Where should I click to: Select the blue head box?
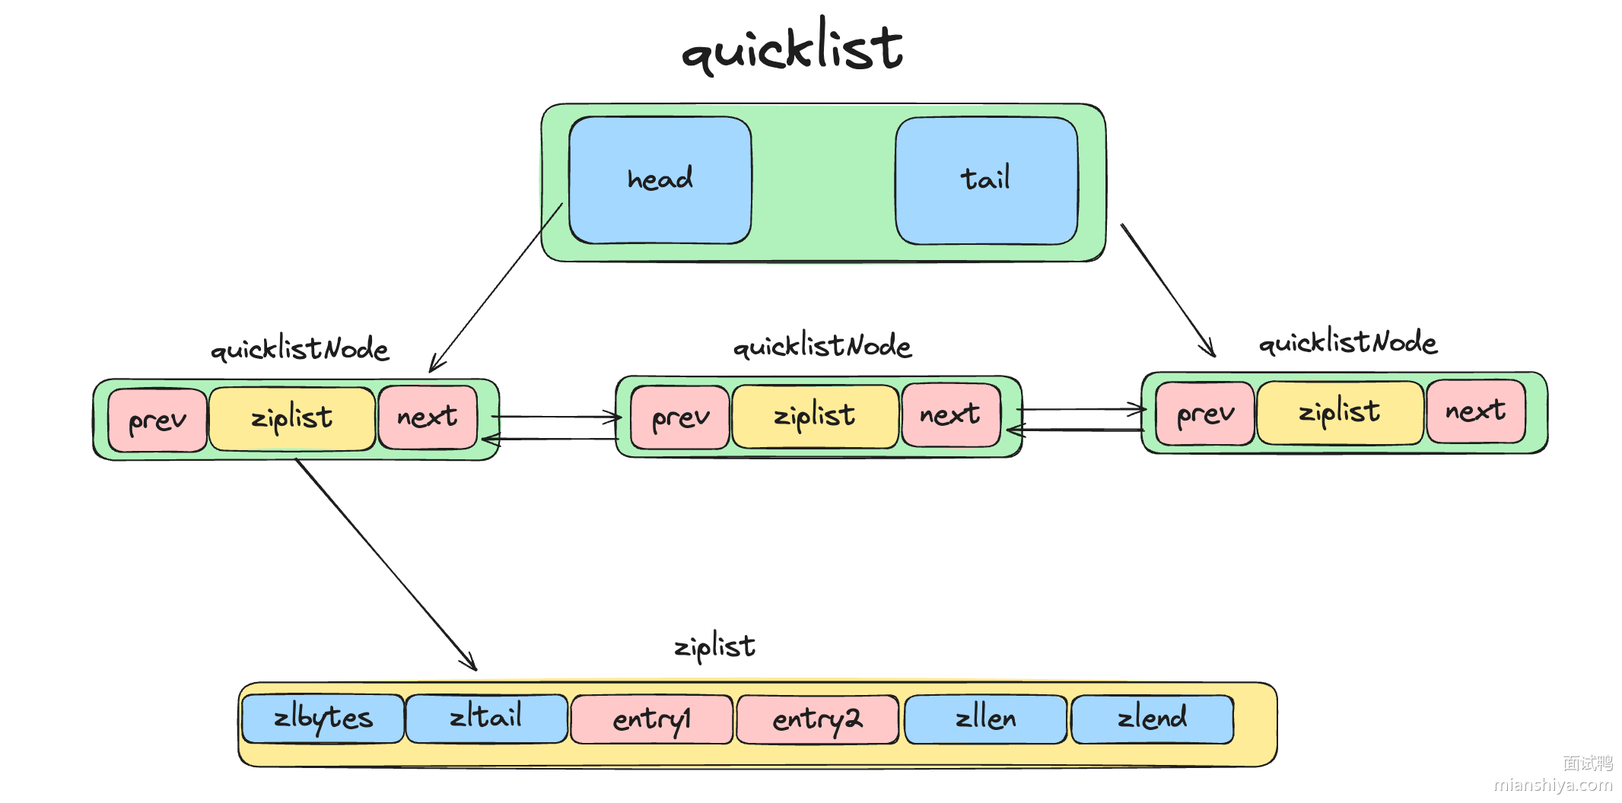click(660, 180)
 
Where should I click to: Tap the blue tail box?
click(986, 180)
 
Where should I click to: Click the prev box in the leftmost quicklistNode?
click(157, 420)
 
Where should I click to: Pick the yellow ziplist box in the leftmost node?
click(292, 418)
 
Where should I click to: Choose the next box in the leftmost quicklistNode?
click(428, 417)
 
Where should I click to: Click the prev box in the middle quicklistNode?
click(680, 417)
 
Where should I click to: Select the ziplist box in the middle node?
click(815, 416)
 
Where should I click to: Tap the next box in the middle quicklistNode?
click(950, 414)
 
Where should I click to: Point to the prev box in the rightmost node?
click(1205, 414)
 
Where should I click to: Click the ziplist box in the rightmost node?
click(1340, 413)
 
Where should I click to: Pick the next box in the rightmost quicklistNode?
click(1476, 411)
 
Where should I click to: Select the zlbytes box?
click(323, 719)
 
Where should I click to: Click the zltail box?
click(487, 718)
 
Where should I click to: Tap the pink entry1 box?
click(652, 719)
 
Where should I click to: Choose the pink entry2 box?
click(818, 719)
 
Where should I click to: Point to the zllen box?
click(986, 719)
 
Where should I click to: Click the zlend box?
click(1152, 719)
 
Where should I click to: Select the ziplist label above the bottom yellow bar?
click(715, 647)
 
